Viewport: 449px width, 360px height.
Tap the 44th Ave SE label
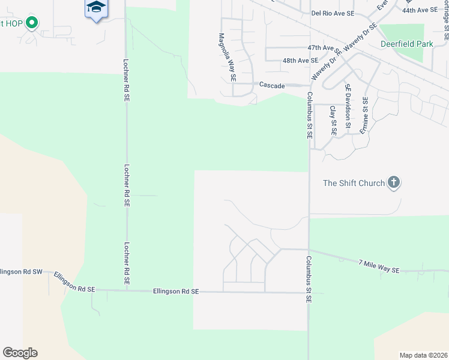[x=420, y=10]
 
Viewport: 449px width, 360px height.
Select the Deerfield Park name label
[x=407, y=44]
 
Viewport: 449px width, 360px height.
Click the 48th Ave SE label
[x=300, y=61]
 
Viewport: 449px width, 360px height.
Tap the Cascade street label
[x=272, y=86]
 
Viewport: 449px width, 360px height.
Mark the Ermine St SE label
[x=364, y=117]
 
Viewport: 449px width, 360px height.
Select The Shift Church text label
[x=354, y=183]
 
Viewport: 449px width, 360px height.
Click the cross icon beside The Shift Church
[x=393, y=182]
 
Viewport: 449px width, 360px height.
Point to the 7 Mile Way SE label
[x=379, y=266]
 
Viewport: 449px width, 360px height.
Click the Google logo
[x=20, y=353]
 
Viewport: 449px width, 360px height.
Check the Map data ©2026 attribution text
[x=423, y=355]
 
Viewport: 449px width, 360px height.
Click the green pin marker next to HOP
[x=32, y=23]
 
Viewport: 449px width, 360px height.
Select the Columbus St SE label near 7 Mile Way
[x=308, y=279]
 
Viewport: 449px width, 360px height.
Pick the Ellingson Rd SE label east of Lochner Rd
[x=175, y=292]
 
